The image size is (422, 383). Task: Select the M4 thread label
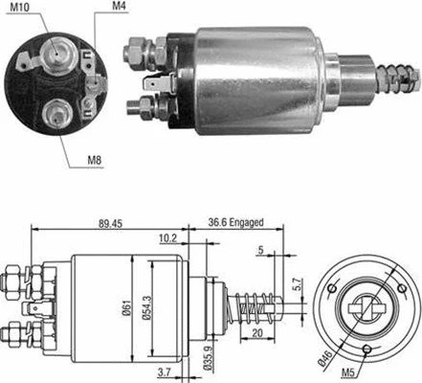tap(119, 8)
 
